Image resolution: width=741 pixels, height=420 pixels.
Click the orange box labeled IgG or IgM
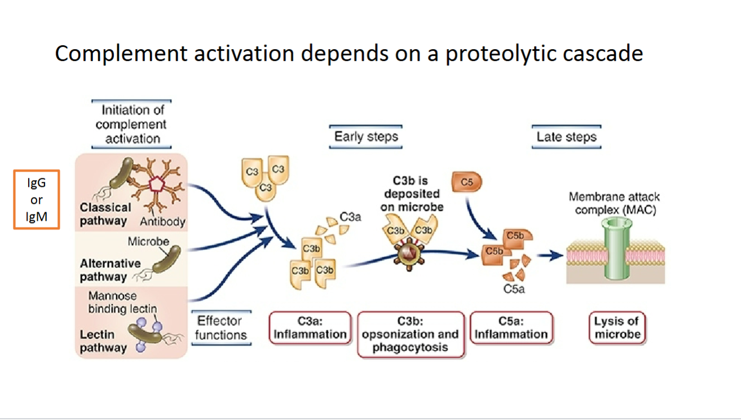pyautogui.click(x=37, y=200)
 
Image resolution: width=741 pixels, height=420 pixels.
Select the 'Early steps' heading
pyautogui.click(x=366, y=137)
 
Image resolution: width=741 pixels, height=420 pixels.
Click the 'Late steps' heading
pyautogui.click(x=566, y=137)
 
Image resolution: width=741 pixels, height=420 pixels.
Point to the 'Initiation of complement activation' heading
pyautogui.click(x=131, y=124)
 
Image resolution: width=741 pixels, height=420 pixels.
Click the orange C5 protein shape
pyautogui.click(x=467, y=182)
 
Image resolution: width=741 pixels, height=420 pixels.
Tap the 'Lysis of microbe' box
pyautogui.click(x=616, y=327)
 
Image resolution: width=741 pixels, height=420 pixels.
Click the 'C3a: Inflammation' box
pyautogui.click(x=310, y=327)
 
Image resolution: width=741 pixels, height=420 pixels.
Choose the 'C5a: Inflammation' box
pyautogui.click(x=511, y=327)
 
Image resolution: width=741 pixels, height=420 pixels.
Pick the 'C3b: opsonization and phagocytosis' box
pyautogui.click(x=411, y=334)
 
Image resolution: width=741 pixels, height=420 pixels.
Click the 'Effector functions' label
pyautogui.click(x=221, y=328)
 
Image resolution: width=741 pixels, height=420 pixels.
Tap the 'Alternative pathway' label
pyautogui.click(x=110, y=270)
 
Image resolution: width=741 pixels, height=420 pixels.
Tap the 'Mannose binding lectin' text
pyautogui.click(x=122, y=302)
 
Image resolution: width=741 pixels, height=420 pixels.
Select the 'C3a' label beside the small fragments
pyautogui.click(x=350, y=216)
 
